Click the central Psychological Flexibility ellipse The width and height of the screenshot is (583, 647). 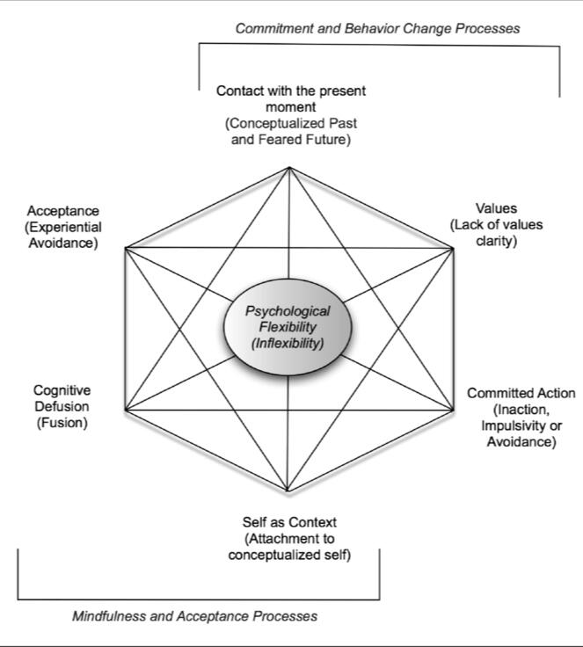(288, 326)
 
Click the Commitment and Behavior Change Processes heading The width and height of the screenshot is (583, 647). (377, 28)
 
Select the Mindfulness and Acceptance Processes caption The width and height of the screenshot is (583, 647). (194, 615)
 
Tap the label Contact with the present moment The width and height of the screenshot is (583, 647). (290, 98)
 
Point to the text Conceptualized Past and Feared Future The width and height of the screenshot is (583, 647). (290, 132)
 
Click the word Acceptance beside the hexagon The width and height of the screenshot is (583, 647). (63, 211)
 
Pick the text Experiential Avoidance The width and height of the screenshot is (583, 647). (63, 235)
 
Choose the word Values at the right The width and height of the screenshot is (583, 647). (496, 208)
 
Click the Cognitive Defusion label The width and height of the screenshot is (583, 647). (62, 398)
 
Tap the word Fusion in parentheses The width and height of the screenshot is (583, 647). (62, 423)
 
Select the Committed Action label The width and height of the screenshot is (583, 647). (521, 393)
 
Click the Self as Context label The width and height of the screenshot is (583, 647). (289, 522)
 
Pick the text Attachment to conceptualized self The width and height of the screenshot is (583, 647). (289, 546)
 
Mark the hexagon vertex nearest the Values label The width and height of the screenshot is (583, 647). (454, 248)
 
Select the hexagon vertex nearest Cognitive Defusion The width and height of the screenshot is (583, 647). (125, 410)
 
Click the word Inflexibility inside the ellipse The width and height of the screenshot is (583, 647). (288, 343)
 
